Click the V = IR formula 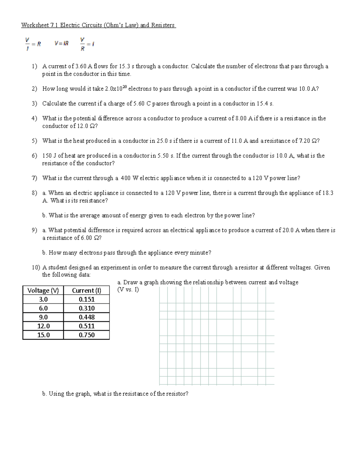[61, 44]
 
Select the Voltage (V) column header [43, 290]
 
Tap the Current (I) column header [86, 290]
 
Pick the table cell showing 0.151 [86, 299]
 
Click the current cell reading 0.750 [86, 335]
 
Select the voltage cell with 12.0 [43, 326]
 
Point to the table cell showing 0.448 [86, 317]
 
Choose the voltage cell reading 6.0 [43, 308]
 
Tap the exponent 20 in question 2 [125, 87]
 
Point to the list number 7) [34, 178]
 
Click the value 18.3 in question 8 [328, 193]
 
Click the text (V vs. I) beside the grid [128, 290]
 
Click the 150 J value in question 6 [49, 156]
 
